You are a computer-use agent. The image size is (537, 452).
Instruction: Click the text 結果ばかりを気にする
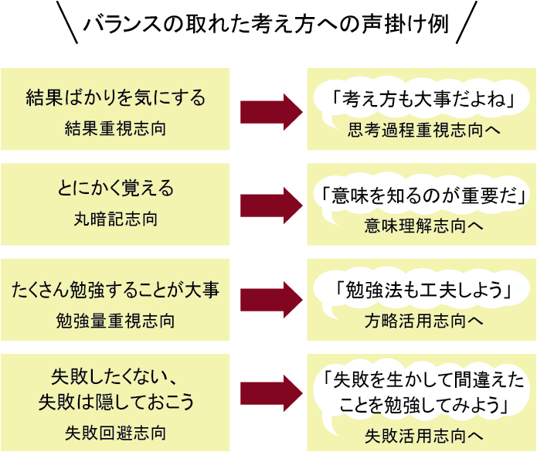tap(116, 99)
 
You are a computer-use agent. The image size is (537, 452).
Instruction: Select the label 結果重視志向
tap(116, 127)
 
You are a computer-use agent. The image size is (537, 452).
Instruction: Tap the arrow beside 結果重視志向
tap(270, 111)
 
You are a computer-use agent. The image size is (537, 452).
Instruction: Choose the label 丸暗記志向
tap(116, 219)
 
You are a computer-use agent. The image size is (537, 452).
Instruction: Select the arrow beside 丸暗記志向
tap(270, 205)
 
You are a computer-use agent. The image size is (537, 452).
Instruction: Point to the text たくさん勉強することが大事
tap(116, 291)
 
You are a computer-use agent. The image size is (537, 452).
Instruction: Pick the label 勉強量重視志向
tap(116, 319)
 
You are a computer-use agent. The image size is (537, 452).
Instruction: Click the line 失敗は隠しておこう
tap(116, 403)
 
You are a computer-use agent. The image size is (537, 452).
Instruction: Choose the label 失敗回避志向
tap(116, 431)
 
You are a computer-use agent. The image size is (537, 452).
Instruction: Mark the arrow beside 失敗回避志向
tap(270, 396)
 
